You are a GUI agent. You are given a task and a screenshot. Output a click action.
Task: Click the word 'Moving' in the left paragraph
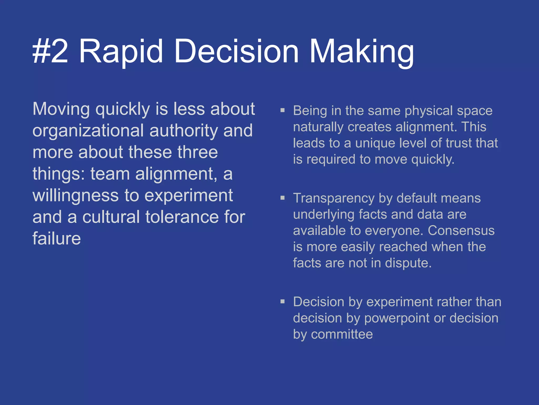pyautogui.click(x=61, y=109)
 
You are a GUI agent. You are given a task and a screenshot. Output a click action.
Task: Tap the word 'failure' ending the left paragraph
pyautogui.click(x=57, y=239)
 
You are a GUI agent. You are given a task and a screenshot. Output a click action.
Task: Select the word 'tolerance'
pyautogui.click(x=182, y=217)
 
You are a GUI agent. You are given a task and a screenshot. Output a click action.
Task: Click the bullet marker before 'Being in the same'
pyautogui.click(x=283, y=110)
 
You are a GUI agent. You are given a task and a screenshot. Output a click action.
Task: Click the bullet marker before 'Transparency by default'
pyautogui.click(x=283, y=198)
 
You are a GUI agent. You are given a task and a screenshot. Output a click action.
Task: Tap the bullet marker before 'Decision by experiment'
pyautogui.click(x=283, y=301)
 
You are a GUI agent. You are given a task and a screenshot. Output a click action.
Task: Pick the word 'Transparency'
pyautogui.click(x=334, y=198)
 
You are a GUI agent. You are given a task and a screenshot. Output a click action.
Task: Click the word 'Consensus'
pyautogui.click(x=461, y=230)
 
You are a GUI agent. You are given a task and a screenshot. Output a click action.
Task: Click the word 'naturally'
pyautogui.click(x=318, y=127)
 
